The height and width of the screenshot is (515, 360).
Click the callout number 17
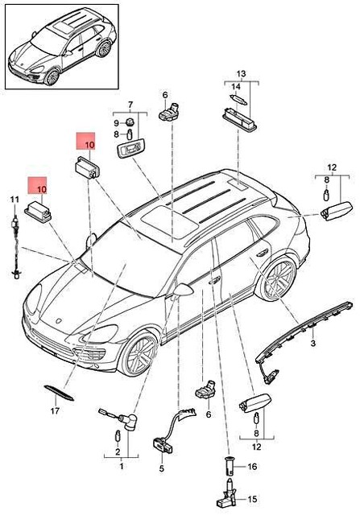click(x=55, y=411)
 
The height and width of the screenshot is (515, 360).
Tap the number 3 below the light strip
click(x=313, y=344)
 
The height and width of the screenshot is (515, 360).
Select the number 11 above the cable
click(x=14, y=199)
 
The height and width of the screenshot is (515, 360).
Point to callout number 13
click(x=238, y=73)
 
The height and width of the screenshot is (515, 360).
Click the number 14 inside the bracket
click(x=237, y=86)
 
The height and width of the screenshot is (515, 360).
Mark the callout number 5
click(x=161, y=468)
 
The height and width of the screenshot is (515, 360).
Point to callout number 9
click(x=116, y=122)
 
